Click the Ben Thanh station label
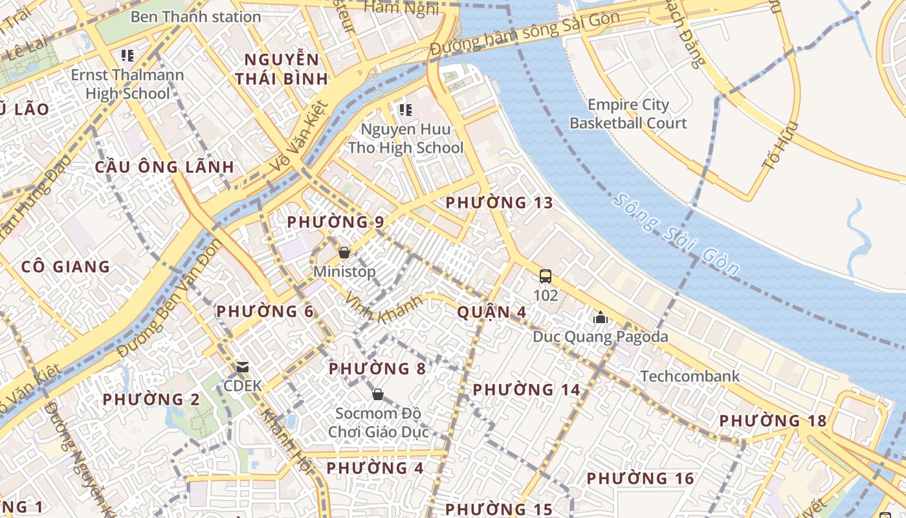[x=195, y=16]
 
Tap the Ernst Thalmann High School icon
[x=127, y=55]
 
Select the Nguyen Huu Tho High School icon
[x=406, y=109]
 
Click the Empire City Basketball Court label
[x=628, y=114]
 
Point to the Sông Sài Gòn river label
[x=676, y=235]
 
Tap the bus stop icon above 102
[x=546, y=276]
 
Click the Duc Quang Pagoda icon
[x=600, y=318]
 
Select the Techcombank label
[x=689, y=376]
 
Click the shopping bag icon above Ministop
[x=344, y=253]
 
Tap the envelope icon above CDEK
[x=243, y=368]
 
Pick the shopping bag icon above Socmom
[x=378, y=394]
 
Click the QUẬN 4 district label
[x=491, y=312]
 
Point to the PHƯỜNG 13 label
[x=500, y=203]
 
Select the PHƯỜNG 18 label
[x=773, y=421]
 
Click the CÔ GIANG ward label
[x=65, y=267]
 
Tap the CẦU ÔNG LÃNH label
[x=164, y=167]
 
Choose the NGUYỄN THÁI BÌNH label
[x=282, y=70]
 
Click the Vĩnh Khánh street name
[x=384, y=308]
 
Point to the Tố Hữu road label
[x=780, y=146]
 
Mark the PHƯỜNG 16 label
[x=640, y=479]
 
